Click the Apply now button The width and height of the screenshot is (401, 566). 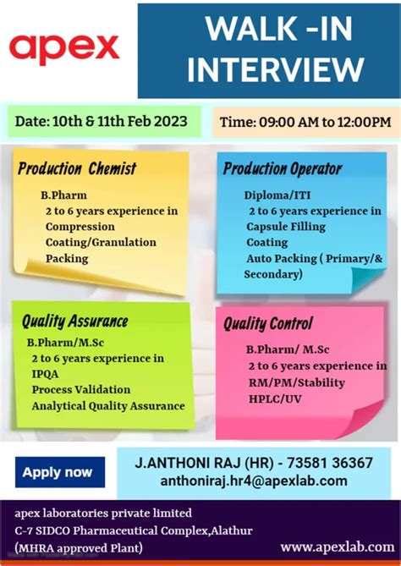[58, 472]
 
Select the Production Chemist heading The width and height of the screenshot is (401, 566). [77, 168]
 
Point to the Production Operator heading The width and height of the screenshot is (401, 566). [282, 168]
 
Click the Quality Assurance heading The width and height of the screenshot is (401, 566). [74, 321]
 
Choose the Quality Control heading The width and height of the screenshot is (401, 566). [268, 323]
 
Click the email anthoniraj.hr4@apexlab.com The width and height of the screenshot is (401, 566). [254, 481]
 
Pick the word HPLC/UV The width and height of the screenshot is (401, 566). [274, 397]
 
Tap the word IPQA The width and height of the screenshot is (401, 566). [47, 374]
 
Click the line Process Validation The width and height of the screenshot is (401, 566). [81, 389]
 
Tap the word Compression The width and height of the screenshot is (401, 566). [80, 227]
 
